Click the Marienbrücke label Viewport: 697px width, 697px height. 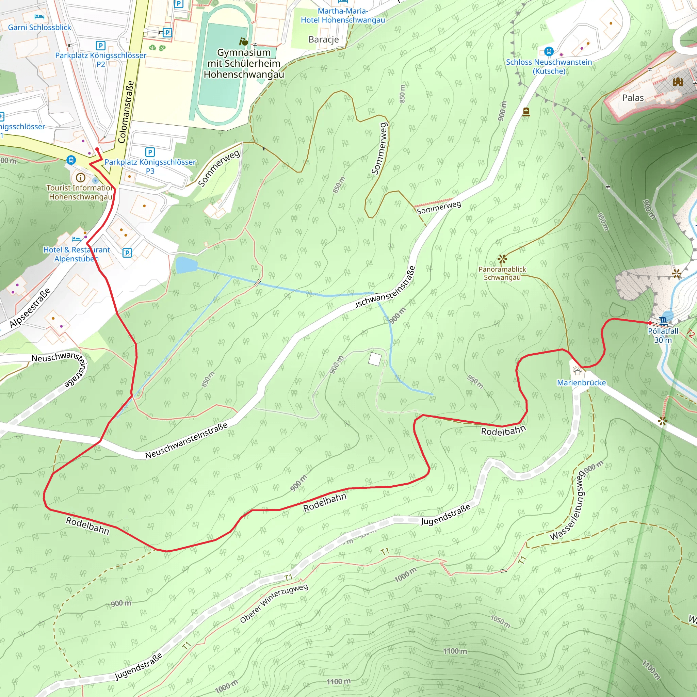pyautogui.click(x=581, y=383)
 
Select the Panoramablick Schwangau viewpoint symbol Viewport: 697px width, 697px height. pyautogui.click(x=502, y=259)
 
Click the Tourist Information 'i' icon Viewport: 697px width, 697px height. pyautogui.click(x=80, y=178)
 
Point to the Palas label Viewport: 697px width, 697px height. pyautogui.click(x=633, y=98)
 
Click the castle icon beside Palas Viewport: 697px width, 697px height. pyautogui.click(x=678, y=82)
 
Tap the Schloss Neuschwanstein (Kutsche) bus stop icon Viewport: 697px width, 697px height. pyautogui.click(x=549, y=51)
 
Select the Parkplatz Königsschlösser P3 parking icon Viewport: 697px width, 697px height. pyautogui.click(x=150, y=152)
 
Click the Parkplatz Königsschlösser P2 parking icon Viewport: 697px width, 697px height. pyautogui.click(x=101, y=46)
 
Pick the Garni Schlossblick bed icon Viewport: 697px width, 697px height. pyautogui.click(x=39, y=17)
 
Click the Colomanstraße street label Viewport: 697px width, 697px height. pyautogui.click(x=126, y=112)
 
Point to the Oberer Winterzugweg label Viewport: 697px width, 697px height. pyautogui.click(x=274, y=603)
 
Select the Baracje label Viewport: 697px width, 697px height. pyautogui.click(x=324, y=39)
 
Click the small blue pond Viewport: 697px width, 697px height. pyautogui.click(x=186, y=265)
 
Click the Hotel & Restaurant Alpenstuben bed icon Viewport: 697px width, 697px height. pyautogui.click(x=76, y=239)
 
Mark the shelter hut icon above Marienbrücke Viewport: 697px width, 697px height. pyautogui.click(x=577, y=372)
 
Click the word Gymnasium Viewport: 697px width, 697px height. pyautogui.click(x=244, y=53)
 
